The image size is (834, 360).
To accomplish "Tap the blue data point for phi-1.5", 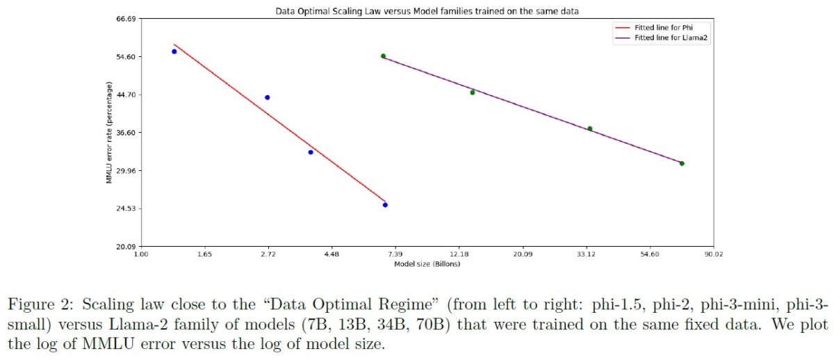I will pos(174,51).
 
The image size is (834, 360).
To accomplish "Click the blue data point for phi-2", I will pos(268,97).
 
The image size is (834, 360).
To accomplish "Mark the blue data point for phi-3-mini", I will pos(311,152).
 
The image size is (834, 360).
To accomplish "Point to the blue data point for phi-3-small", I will pos(385,205).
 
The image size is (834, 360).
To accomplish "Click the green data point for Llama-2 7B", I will pos(383,56).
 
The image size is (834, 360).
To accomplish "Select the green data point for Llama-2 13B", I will pos(473,92).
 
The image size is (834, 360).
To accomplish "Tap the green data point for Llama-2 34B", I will pos(590,129).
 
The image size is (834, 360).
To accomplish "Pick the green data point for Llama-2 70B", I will pos(682,163).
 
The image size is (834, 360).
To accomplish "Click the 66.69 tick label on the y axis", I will pos(125,19).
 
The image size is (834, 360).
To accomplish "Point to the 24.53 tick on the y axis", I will pos(125,208).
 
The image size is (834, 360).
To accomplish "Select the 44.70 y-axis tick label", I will pos(125,95).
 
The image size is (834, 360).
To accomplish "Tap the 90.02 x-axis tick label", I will pos(713,255).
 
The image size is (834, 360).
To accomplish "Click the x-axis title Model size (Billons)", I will pos(427,264).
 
